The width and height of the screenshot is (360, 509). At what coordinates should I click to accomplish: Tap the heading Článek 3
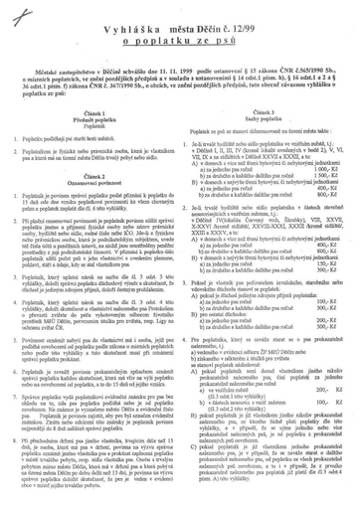[x=264, y=115]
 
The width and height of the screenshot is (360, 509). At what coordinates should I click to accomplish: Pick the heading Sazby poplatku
[x=264, y=122]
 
